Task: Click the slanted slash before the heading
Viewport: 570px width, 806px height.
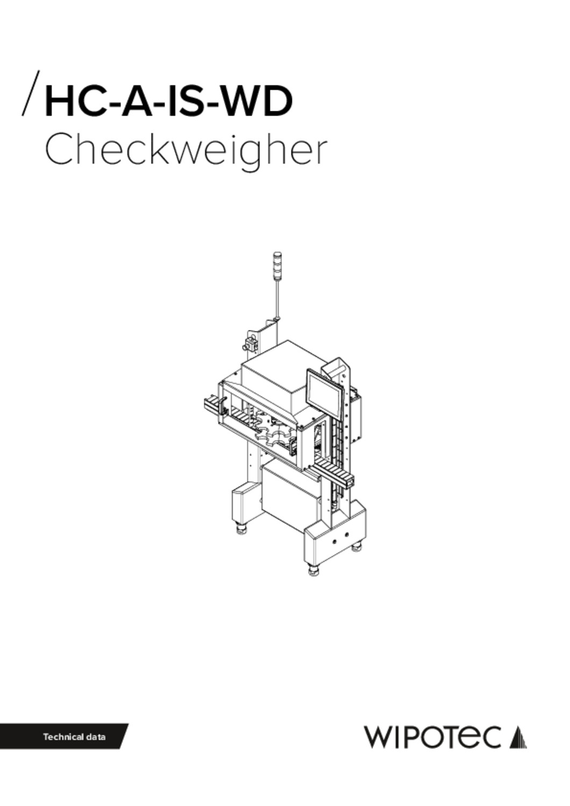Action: (x=31, y=93)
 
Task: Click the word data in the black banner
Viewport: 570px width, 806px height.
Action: (x=96, y=736)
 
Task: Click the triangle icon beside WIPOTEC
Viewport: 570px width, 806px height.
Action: (x=518, y=737)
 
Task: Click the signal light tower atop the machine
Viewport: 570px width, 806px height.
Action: (x=278, y=265)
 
